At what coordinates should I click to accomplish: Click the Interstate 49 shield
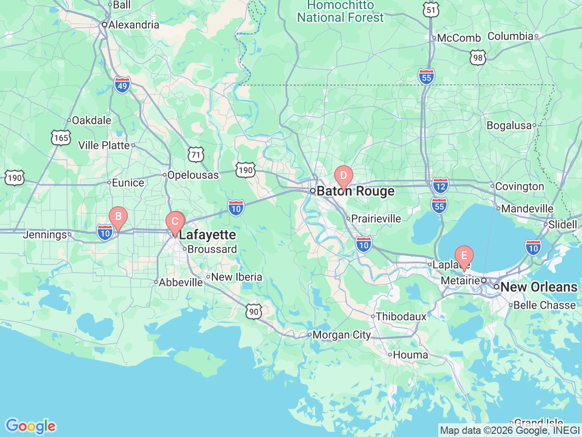pyautogui.click(x=122, y=85)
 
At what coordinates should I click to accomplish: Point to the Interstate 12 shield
pyautogui.click(x=440, y=186)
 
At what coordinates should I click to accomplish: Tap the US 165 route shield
pyautogui.click(x=61, y=138)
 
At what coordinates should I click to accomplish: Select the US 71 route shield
pyautogui.click(x=196, y=155)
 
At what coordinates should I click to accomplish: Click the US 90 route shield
pyautogui.click(x=254, y=312)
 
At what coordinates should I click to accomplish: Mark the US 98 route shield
pyautogui.click(x=477, y=57)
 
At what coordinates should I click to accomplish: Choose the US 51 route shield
pyautogui.click(x=431, y=10)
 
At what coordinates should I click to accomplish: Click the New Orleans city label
pyautogui.click(x=539, y=287)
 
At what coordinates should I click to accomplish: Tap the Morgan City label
pyautogui.click(x=341, y=335)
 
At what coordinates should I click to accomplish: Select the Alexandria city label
pyautogui.click(x=134, y=25)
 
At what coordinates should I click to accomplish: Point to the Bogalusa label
pyautogui.click(x=509, y=126)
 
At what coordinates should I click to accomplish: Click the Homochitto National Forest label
pyautogui.click(x=340, y=12)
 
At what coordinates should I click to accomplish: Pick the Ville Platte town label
pyautogui.click(x=104, y=145)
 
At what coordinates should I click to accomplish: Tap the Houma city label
pyautogui.click(x=410, y=355)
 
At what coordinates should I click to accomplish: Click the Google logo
pyautogui.click(x=30, y=427)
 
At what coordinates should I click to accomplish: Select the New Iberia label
pyautogui.click(x=236, y=277)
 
